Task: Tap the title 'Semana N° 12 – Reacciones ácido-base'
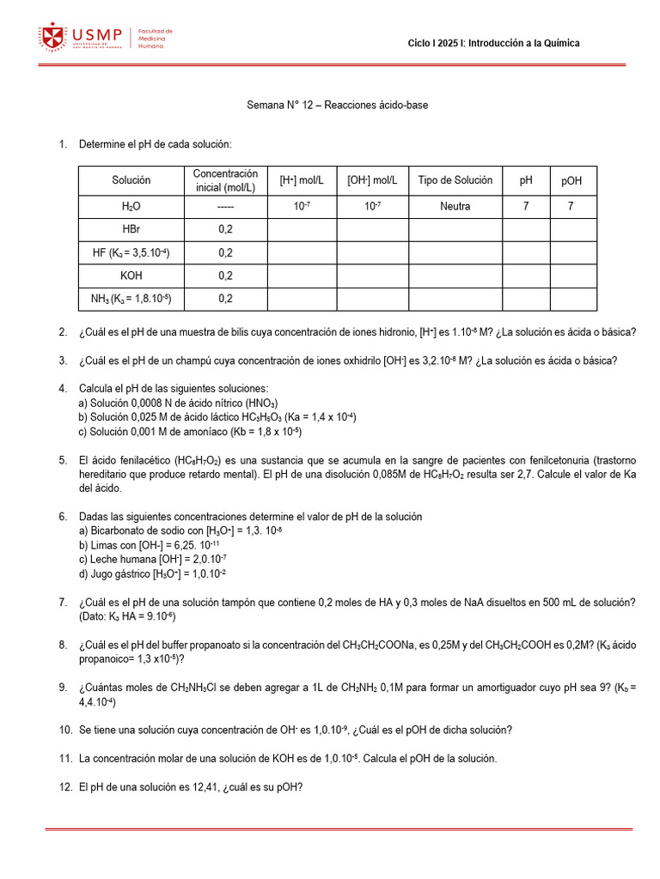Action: [337, 105]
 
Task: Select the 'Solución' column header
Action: [131, 180]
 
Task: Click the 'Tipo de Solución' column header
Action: [455, 180]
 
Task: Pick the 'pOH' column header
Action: [571, 180]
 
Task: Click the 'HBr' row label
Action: [131, 229]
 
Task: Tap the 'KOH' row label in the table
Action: [131, 276]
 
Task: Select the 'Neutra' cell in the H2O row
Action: [455, 207]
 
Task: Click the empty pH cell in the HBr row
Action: [526, 229]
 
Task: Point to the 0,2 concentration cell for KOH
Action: [225, 276]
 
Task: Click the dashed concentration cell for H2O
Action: [225, 207]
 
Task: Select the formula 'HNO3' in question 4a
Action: [261, 403]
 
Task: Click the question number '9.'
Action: [64, 687]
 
